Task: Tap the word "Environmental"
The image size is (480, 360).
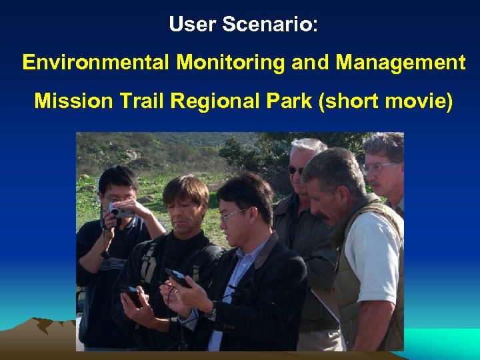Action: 96,63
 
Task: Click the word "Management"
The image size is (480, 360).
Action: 400,63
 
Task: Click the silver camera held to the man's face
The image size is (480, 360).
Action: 119,212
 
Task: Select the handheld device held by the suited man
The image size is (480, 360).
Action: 179,277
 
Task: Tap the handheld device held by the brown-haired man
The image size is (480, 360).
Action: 132,296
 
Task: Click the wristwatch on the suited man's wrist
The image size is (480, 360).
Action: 212,310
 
